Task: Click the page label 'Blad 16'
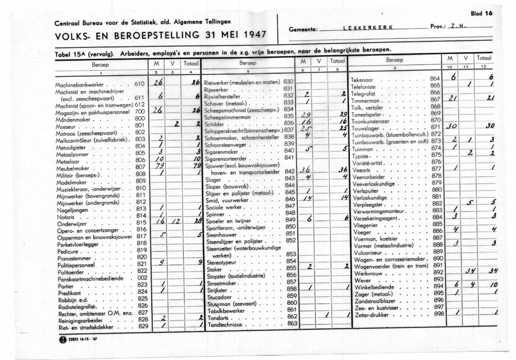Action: coord(482,14)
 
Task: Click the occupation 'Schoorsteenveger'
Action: coord(231,143)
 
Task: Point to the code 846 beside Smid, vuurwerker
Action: coord(290,200)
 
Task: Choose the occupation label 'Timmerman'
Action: coord(366,101)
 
